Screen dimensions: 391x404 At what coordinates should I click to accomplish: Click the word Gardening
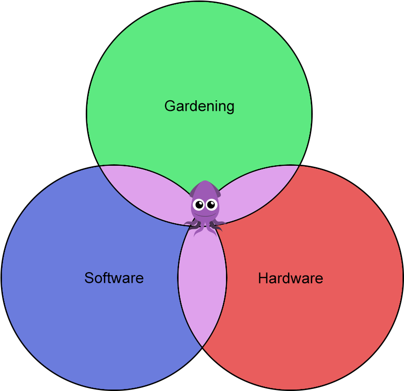pos(199,106)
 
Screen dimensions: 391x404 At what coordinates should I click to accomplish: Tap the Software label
pos(114,278)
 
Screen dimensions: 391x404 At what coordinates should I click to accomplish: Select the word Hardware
pos(291,278)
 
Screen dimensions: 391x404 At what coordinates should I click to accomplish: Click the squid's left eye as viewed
pos(199,205)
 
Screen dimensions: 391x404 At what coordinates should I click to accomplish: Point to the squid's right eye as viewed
pos(211,205)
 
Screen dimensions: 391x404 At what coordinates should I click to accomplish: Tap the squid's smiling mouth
pos(204,214)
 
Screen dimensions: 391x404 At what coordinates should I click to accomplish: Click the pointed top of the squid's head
pos(204,181)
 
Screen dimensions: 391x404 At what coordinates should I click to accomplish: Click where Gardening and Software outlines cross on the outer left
pos(99,166)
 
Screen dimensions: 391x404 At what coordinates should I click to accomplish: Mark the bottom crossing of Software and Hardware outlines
pos(202,347)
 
